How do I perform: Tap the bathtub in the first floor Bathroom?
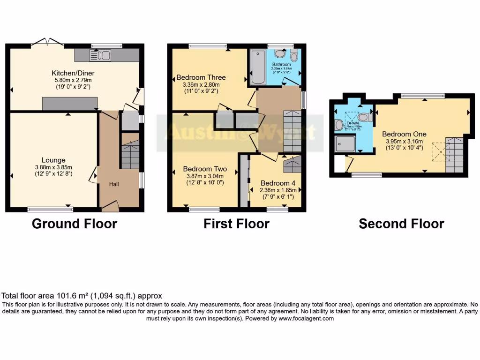tap(257, 67)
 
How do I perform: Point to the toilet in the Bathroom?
tap(294, 56)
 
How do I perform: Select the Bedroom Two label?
tap(205, 169)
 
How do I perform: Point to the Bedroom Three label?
tap(201, 77)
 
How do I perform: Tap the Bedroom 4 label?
tap(276, 183)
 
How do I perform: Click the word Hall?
tap(114, 184)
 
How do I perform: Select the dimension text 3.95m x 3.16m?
tap(404, 141)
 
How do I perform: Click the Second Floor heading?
tap(401, 224)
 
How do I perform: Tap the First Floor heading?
tap(236, 224)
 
